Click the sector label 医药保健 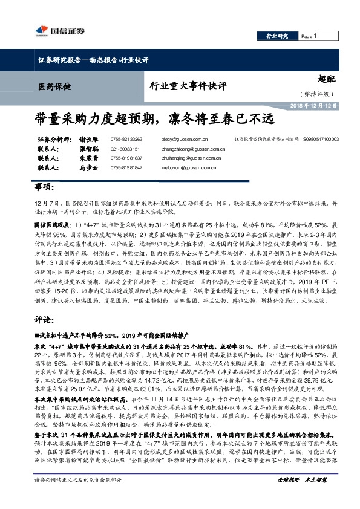click(x=55, y=86)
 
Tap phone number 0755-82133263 click(x=127, y=139)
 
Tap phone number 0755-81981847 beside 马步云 click(x=127, y=168)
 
